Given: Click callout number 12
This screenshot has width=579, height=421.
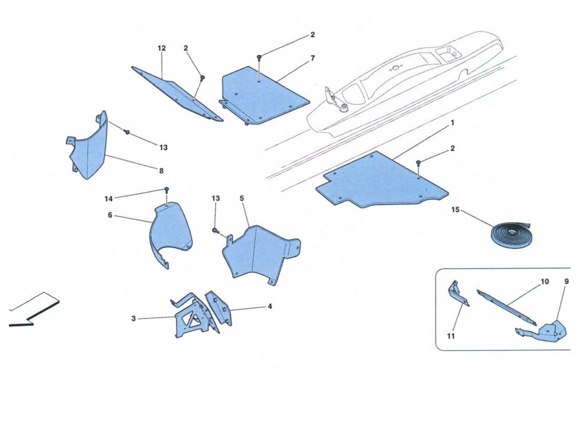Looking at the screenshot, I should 162,48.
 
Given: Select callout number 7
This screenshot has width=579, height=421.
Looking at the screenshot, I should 312,58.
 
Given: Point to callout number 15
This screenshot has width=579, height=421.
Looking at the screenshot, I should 455,210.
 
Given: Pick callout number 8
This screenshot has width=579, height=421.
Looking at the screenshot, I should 161,171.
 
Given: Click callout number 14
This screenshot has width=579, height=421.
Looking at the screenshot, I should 108,198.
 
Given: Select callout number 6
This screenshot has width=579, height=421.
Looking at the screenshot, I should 110,215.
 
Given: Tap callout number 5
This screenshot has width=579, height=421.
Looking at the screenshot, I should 242,198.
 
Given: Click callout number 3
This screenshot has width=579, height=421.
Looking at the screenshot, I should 134,318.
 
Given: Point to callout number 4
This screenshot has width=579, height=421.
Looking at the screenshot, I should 269,306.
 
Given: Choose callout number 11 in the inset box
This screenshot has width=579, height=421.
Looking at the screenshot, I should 452,336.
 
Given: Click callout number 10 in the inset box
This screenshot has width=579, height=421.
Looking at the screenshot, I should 544,282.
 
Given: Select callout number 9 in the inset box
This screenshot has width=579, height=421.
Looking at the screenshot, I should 566,282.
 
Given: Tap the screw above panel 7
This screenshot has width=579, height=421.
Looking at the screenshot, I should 259,57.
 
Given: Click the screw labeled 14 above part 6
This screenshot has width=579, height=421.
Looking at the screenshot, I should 166,189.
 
